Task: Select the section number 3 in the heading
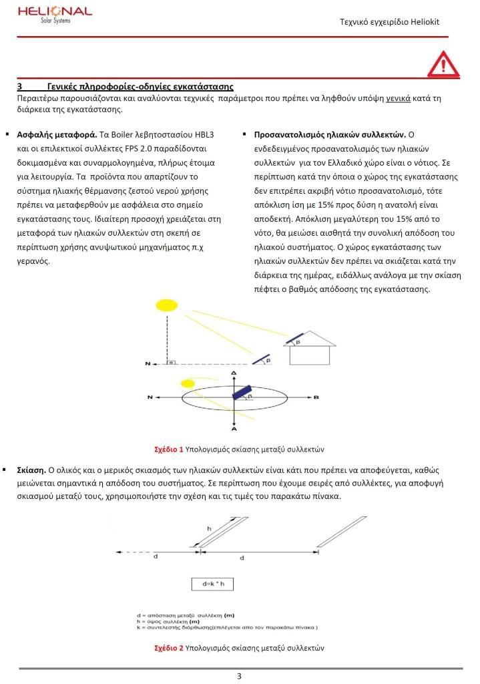(20, 87)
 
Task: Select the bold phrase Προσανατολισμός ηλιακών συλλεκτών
(330, 134)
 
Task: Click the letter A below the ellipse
(234, 430)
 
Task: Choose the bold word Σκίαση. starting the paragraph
(31, 470)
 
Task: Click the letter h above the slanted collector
(209, 528)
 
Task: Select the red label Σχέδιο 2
(168, 648)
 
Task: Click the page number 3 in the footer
(239, 676)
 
